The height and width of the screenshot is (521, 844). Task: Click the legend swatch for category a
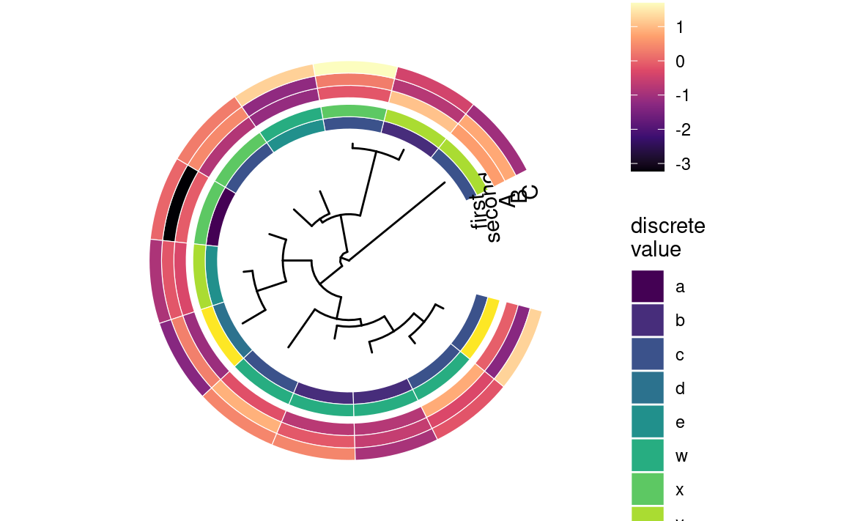pyautogui.click(x=648, y=287)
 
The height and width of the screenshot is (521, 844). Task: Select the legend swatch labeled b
pyautogui.click(x=648, y=320)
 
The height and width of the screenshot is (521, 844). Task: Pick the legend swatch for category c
pyautogui.click(x=648, y=355)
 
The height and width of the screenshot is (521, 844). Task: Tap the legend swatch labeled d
pyautogui.click(x=648, y=388)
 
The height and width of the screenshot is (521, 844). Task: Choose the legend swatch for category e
pyautogui.click(x=648, y=423)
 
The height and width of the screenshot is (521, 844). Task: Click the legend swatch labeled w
pyautogui.click(x=648, y=457)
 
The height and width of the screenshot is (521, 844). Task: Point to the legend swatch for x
pyautogui.click(x=648, y=489)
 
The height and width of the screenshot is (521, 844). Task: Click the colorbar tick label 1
pyautogui.click(x=680, y=28)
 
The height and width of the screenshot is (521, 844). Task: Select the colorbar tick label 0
pyautogui.click(x=680, y=62)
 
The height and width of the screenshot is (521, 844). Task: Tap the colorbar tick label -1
pyautogui.click(x=678, y=96)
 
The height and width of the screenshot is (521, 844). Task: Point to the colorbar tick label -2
pyautogui.click(x=678, y=130)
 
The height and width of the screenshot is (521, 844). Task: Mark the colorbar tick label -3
pyautogui.click(x=678, y=164)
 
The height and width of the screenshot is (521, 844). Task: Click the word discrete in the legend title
pyautogui.click(x=667, y=226)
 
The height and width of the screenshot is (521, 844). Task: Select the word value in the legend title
pyautogui.click(x=656, y=249)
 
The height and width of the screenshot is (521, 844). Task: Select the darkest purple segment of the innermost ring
pyautogui.click(x=221, y=218)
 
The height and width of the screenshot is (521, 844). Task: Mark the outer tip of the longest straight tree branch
pyautogui.click(x=445, y=182)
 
